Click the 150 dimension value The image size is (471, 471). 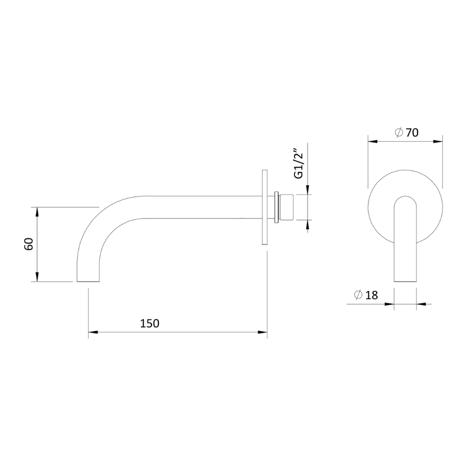(150, 323)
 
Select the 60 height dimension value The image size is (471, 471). (29, 244)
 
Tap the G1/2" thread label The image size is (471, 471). (300, 163)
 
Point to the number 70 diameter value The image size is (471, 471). (412, 132)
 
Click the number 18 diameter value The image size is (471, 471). (372, 295)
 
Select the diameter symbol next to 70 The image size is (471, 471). (399, 132)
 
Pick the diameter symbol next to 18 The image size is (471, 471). (358, 295)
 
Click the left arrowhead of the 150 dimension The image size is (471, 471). (93, 332)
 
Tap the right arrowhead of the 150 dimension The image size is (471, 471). (263, 332)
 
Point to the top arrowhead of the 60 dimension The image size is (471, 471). (37, 212)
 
